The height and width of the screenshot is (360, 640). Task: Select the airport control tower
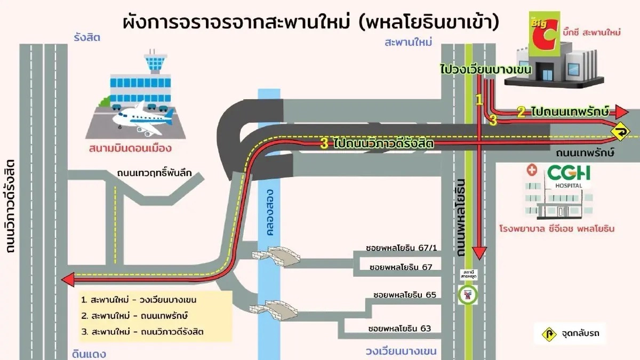pos(155,61)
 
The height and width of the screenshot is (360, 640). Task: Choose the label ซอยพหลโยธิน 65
pos(405,294)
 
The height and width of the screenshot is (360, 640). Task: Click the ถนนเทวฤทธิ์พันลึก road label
pos(154,173)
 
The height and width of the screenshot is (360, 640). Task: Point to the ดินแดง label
pos(89,354)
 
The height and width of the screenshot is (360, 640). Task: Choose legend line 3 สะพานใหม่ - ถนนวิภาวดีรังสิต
pos(143,332)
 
